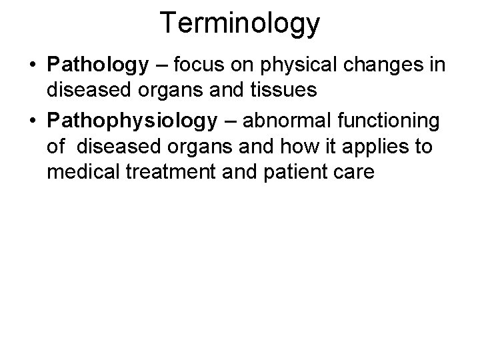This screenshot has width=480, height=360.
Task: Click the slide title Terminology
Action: [240, 23]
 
